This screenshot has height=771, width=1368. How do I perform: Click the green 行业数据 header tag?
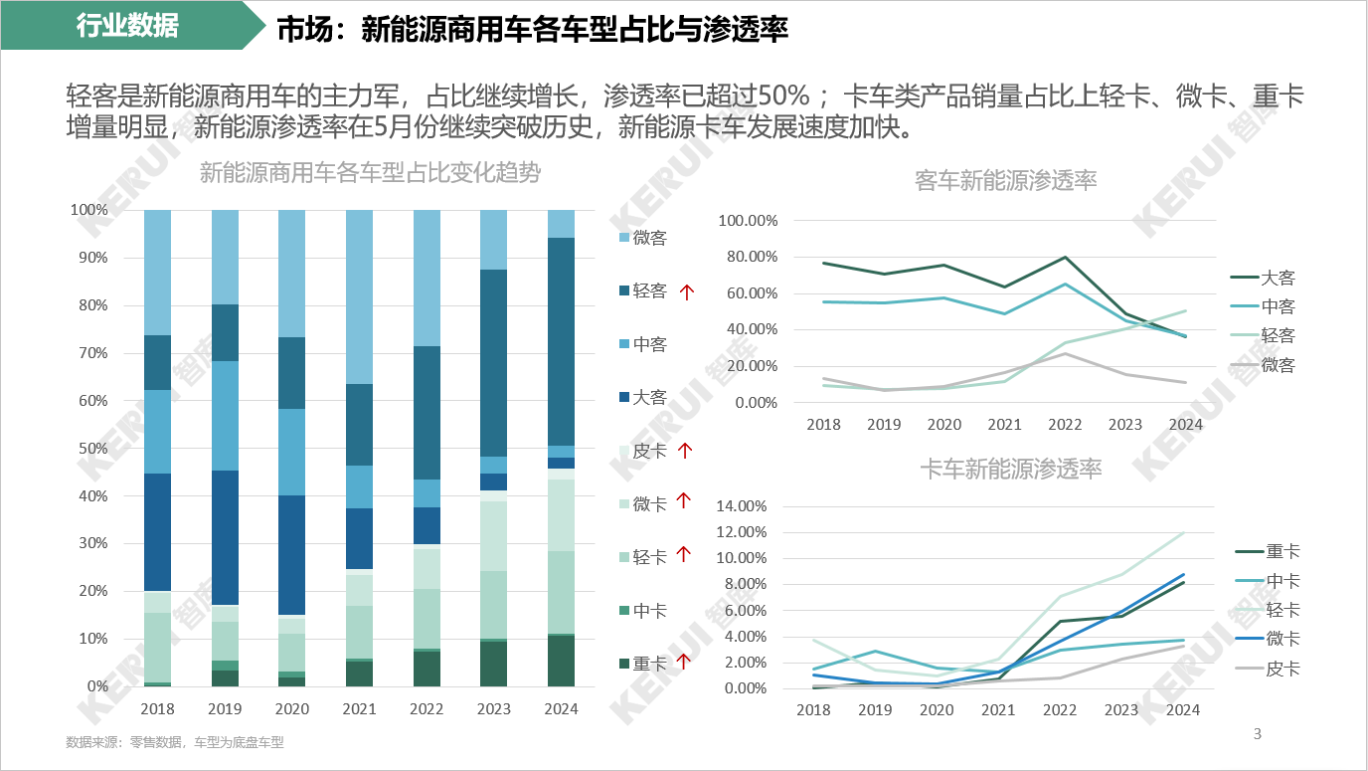(x=127, y=26)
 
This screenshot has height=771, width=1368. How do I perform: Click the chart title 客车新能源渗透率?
(x=1005, y=181)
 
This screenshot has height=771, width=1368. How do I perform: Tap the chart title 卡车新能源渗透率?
(x=1010, y=469)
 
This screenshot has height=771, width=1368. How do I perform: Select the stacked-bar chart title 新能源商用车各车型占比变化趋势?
(x=370, y=172)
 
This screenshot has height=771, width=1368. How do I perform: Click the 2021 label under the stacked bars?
(x=359, y=709)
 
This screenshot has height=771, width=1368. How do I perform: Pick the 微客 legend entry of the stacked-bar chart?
(x=649, y=238)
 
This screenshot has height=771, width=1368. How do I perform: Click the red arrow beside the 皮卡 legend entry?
(x=684, y=451)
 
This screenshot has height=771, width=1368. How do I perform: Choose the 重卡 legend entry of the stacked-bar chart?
(x=649, y=664)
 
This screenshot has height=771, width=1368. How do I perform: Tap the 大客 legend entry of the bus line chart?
(x=1278, y=279)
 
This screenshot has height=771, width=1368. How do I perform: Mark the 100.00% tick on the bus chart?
(x=749, y=221)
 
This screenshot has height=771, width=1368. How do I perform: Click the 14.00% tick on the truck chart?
(x=742, y=506)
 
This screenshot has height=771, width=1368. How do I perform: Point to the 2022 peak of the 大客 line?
(x=1065, y=258)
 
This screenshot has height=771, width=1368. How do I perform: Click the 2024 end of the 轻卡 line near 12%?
(x=1183, y=533)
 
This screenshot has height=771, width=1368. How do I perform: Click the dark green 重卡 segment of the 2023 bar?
(x=494, y=664)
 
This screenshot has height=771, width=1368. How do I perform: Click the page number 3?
(x=1257, y=735)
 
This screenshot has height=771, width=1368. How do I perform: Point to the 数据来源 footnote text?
(x=175, y=742)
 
